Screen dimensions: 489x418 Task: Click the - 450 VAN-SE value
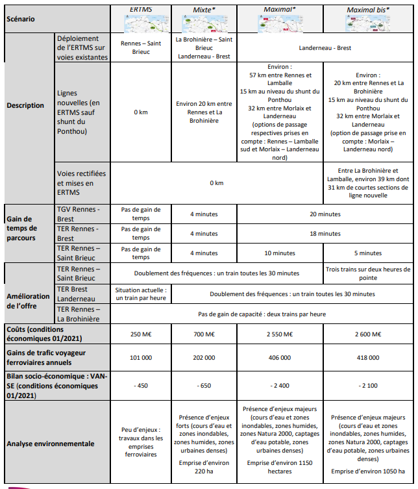point(140,385)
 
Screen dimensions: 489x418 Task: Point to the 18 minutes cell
point(324,233)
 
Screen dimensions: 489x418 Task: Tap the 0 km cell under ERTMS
point(140,112)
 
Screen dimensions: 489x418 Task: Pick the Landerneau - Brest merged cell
point(324,48)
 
